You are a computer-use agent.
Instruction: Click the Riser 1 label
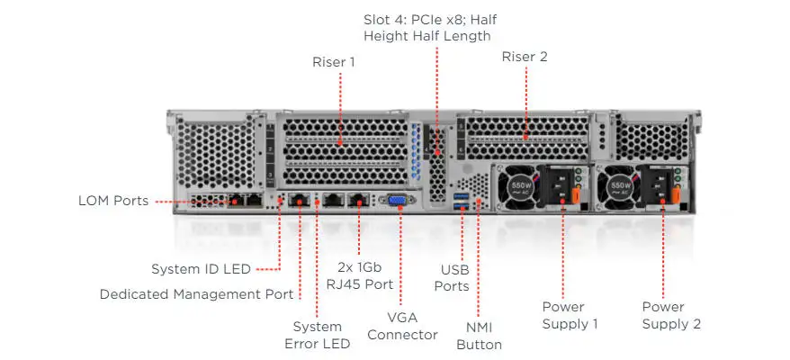click(x=334, y=62)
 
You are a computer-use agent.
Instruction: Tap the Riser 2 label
click(x=525, y=57)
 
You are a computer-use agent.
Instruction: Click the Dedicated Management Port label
click(x=196, y=293)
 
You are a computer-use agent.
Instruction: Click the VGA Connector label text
click(x=401, y=326)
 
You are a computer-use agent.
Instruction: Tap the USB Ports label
click(x=454, y=277)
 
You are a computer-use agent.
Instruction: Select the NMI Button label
click(x=479, y=336)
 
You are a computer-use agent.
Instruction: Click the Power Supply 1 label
click(x=570, y=315)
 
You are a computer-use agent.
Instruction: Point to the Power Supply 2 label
click(x=671, y=315)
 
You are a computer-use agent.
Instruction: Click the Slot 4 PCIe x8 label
click(x=427, y=28)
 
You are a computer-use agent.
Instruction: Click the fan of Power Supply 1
click(x=516, y=187)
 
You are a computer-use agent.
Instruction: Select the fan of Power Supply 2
click(x=619, y=187)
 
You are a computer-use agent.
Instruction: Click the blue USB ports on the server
click(x=462, y=202)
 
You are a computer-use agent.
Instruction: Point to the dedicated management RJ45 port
click(x=301, y=201)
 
